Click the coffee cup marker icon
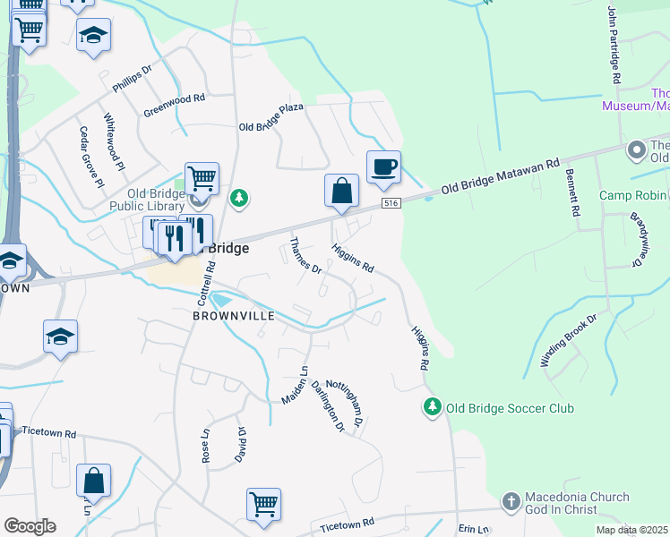tap(383, 167)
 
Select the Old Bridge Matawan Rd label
tap(500, 176)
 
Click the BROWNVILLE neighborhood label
tap(230, 316)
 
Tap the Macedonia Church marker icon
tap(511, 502)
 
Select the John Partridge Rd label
tap(614, 45)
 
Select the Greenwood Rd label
tap(175, 106)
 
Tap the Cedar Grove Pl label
tap(91, 157)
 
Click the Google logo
tap(30, 526)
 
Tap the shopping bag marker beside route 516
tap(341, 191)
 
